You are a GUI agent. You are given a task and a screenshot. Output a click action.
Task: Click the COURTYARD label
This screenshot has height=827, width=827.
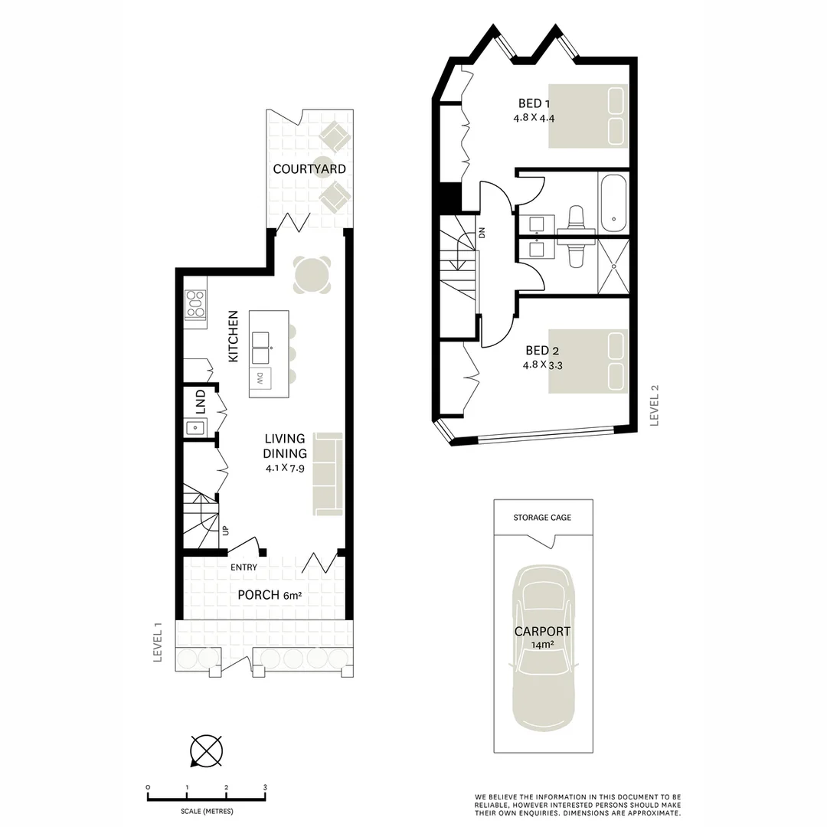click(309, 168)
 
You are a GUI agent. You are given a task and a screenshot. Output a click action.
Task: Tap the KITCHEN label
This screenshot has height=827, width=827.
click(234, 336)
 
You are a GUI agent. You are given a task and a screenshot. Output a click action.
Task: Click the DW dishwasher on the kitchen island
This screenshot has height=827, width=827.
click(260, 378)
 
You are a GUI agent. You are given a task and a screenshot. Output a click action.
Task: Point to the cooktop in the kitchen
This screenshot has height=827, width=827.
click(195, 303)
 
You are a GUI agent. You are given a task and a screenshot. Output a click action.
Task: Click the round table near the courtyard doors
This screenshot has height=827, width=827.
click(313, 274)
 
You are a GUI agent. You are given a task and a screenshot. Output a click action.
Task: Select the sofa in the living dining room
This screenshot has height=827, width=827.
click(329, 473)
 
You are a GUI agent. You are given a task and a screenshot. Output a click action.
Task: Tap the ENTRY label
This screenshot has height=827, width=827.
click(244, 567)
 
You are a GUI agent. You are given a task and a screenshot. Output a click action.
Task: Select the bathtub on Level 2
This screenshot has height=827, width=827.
click(613, 203)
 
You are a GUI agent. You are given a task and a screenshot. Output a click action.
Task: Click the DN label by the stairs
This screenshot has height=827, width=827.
click(482, 234)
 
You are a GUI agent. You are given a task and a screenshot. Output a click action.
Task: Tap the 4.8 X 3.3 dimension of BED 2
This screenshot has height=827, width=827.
click(543, 365)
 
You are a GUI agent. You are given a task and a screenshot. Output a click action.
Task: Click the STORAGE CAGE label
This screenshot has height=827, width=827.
click(542, 518)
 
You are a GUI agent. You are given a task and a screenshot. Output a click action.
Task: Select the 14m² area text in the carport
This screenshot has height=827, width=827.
click(542, 646)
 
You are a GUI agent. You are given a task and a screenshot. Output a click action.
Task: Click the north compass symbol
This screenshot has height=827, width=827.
click(206, 750)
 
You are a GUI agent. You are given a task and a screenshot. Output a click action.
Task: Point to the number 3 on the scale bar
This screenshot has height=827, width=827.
click(265, 787)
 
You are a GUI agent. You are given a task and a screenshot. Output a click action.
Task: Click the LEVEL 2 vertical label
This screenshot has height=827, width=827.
click(654, 406)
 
